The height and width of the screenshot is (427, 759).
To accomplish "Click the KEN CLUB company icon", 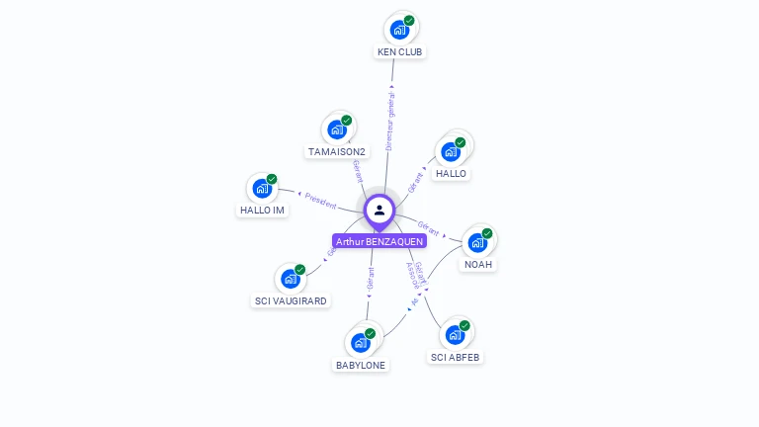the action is coord(399,30).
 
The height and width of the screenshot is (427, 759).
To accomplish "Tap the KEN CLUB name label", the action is coord(400,51).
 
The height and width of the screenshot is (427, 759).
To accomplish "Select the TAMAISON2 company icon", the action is coord(337,129).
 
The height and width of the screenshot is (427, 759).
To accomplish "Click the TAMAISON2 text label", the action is coord(337,151).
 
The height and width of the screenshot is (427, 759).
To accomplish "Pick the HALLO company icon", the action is coord(451,151).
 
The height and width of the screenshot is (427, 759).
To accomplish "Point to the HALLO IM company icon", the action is coord(262,188).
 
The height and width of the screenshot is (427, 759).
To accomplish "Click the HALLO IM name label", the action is coord(262,210).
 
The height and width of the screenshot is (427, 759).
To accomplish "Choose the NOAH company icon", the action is coord(478,242).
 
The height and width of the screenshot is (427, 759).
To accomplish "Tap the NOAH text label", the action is coord(478,264).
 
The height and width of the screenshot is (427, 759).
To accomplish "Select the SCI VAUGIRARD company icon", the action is coord(291,279).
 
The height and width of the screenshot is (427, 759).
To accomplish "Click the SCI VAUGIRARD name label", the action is coord(291,300).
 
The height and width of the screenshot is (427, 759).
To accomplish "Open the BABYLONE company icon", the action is coord(361,343).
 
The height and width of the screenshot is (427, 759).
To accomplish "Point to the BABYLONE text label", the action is coord(361,365).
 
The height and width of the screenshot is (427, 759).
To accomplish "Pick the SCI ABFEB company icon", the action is coord(456,335).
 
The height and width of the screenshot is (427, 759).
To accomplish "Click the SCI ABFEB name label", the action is coord(456,357).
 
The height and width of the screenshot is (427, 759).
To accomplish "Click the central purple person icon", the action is coord(379,210).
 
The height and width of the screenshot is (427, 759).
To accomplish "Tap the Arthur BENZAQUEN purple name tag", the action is coord(379,241).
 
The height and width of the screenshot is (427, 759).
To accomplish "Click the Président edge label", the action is coord(321,199).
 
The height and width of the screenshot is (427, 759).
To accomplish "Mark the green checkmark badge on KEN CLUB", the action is coord(409,21).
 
